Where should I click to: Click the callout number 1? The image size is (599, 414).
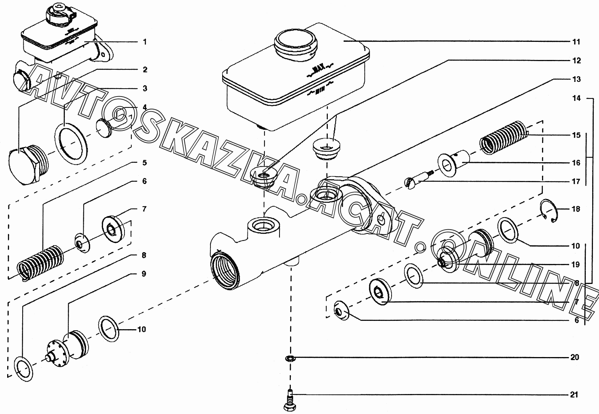[x=144, y=42]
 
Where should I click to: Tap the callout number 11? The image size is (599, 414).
[x=576, y=42]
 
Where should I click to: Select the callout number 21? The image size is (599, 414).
[x=574, y=395]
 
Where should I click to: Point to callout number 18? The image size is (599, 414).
[x=576, y=209]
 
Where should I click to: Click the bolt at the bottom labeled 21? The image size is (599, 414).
[x=290, y=400]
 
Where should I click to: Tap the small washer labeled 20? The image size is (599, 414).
[x=290, y=357]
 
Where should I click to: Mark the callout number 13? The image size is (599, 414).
[x=576, y=80]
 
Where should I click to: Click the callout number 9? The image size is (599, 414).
[x=144, y=274]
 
